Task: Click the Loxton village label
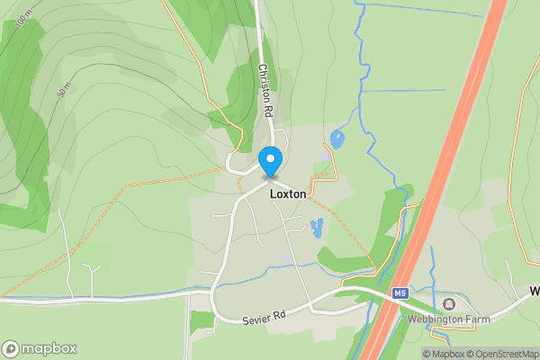[x=288, y=193]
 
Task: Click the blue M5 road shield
[x=400, y=293]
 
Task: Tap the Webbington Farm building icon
[x=449, y=303]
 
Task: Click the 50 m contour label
[x=64, y=93]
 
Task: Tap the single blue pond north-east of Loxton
[x=337, y=139]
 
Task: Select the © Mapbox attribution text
[x=443, y=354]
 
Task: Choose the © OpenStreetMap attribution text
[x=502, y=354]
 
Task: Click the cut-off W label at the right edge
[x=535, y=292]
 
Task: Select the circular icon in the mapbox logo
[x=12, y=348]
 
